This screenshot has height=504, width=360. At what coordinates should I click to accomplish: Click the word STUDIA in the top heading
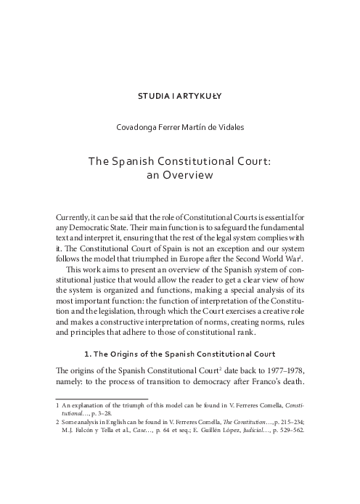click(154, 95)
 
